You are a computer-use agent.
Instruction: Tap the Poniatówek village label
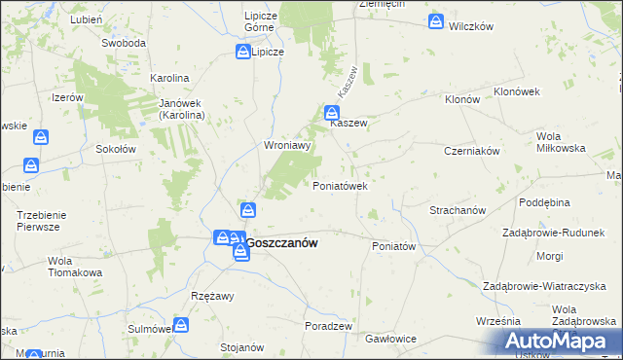click(x=339, y=185)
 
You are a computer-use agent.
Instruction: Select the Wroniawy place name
click(x=287, y=146)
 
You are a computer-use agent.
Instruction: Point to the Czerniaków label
click(x=471, y=151)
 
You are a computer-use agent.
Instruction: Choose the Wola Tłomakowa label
click(x=75, y=267)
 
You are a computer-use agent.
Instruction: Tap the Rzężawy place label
click(x=212, y=298)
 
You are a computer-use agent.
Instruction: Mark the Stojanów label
click(x=243, y=347)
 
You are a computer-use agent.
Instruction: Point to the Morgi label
click(x=548, y=256)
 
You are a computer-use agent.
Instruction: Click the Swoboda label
click(x=124, y=44)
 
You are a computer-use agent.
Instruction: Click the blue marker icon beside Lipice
click(x=241, y=52)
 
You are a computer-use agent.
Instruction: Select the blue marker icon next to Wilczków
click(x=436, y=19)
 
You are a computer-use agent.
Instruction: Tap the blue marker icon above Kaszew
click(x=331, y=111)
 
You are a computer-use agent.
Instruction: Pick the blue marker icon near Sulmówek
click(x=180, y=325)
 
